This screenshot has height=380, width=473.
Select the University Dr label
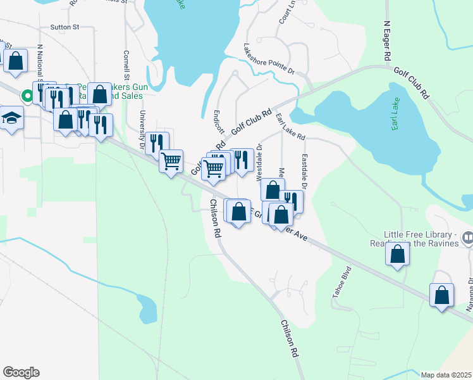tap(142, 125)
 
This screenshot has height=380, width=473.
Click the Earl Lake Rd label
tap(290, 127)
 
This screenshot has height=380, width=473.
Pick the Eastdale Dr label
tap(304, 172)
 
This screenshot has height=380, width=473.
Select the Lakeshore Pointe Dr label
tap(269, 60)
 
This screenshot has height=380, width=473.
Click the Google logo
tap(21, 372)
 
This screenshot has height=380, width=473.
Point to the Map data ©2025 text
tap(446, 375)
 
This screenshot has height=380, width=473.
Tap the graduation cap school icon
tap(11, 118)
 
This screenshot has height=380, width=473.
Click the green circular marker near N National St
tap(27, 96)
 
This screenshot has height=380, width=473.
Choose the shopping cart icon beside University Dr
tap(171, 161)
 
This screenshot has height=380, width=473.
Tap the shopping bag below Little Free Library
tap(397, 255)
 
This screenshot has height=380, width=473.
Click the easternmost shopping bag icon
tap(441, 294)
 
